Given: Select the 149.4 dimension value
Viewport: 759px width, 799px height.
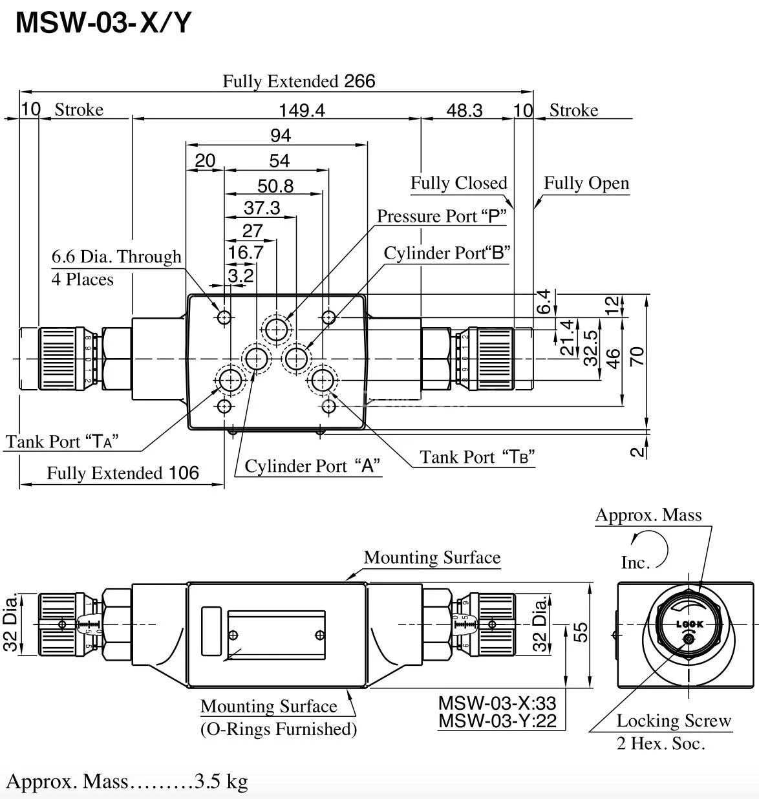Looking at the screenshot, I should (x=302, y=111).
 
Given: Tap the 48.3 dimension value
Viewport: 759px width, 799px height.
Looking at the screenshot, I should (x=464, y=111).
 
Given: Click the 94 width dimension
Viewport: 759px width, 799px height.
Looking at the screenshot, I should (x=280, y=135).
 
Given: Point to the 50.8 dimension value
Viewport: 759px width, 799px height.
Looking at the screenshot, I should (x=275, y=186).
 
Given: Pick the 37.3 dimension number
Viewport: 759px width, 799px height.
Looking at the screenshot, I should (x=262, y=208).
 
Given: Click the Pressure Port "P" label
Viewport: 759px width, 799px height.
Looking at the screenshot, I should (x=441, y=216).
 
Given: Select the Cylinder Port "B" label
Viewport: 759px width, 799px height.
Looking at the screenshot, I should (x=447, y=253).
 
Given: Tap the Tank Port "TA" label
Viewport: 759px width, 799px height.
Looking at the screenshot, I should (x=63, y=442).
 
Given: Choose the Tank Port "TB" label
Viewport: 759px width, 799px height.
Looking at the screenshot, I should (x=477, y=457).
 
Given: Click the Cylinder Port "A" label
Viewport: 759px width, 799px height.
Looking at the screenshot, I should (x=312, y=466).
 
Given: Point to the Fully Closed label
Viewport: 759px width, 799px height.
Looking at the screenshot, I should (x=458, y=183).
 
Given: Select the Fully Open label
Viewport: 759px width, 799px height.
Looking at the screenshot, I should (x=586, y=183).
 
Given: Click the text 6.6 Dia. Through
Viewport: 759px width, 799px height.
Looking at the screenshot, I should (x=116, y=257).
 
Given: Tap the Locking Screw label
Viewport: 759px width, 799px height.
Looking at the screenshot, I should (x=673, y=721).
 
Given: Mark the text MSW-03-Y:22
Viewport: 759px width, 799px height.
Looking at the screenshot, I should (x=497, y=721).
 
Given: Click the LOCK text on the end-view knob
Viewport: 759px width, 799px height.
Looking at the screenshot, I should (x=689, y=624).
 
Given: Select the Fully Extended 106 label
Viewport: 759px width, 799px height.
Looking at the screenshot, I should (x=123, y=473).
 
